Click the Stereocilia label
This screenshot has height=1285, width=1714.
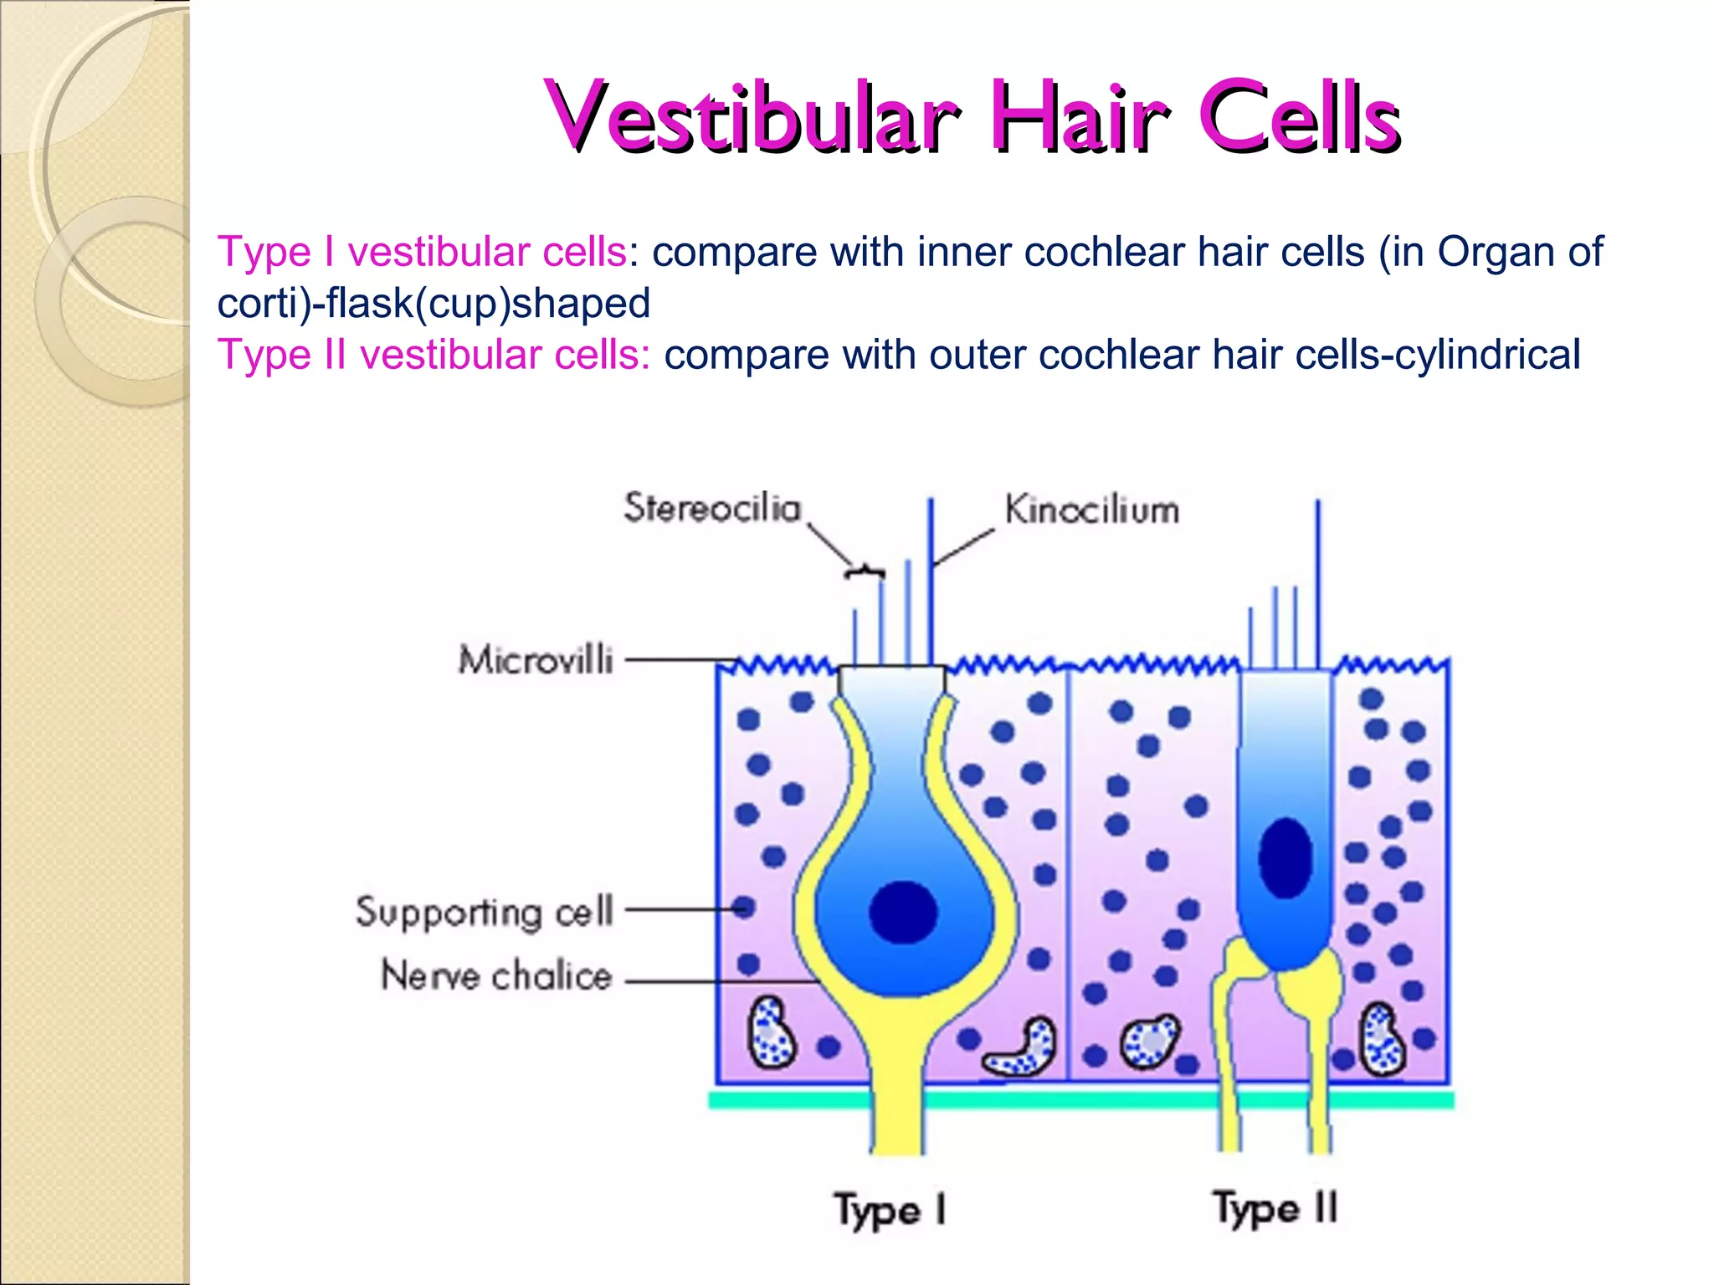tap(713, 508)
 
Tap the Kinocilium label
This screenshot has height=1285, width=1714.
tap(1092, 509)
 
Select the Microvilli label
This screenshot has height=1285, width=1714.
tap(536, 659)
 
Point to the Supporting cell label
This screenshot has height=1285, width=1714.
tap(485, 912)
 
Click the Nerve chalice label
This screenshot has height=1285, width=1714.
tap(496, 975)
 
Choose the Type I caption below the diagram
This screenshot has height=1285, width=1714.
tap(890, 1211)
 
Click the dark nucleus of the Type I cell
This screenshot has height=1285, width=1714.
tap(903, 912)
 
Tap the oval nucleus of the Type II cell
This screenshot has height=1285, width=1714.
tap(1285, 858)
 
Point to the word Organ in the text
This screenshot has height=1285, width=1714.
tap(1497, 253)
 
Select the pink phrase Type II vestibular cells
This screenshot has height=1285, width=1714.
tap(434, 354)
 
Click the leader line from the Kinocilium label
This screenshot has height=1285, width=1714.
tap(963, 547)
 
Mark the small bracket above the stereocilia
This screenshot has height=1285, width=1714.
tap(865, 572)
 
